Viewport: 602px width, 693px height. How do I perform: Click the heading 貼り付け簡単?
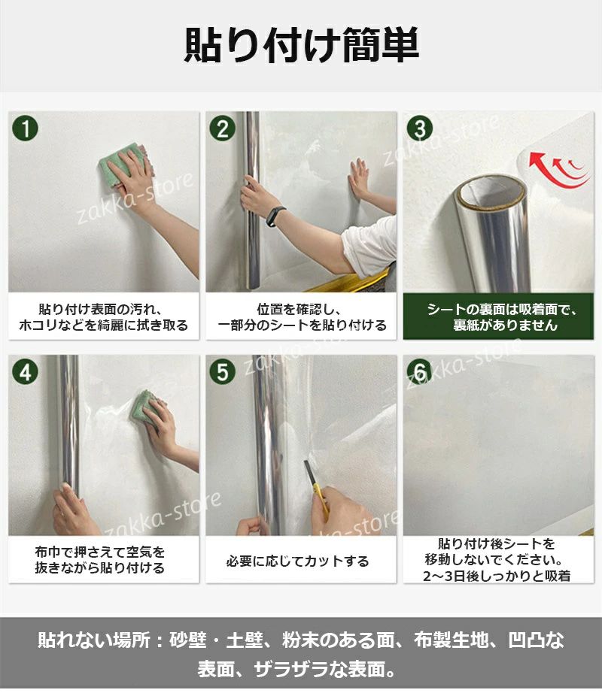coord(301,45)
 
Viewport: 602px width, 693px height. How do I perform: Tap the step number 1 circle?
coord(26,129)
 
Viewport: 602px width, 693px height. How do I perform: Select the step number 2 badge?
coord(223,129)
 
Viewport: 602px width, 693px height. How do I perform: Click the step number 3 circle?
coord(420,129)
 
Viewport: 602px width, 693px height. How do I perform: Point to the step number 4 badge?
coord(26,371)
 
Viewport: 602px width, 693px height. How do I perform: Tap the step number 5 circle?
coord(223,371)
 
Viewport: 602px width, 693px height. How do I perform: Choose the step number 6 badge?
coord(420,371)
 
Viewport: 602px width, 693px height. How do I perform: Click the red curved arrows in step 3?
coord(558,171)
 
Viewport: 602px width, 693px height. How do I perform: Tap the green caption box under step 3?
coord(498,317)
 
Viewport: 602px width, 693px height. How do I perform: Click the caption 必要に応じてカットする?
coord(297,561)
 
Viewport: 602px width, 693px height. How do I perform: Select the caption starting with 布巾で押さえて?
coord(100,559)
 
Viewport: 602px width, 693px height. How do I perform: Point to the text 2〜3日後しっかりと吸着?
coord(497,576)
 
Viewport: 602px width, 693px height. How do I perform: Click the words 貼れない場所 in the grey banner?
coord(94,640)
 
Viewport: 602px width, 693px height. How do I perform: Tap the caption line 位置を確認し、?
coord(299,309)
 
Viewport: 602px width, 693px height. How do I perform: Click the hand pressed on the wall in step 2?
coord(360,180)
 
